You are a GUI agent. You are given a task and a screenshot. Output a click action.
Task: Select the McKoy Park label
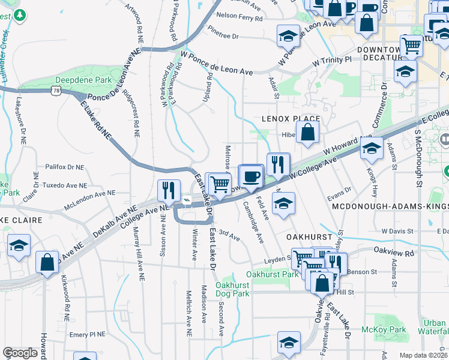pos(384,329)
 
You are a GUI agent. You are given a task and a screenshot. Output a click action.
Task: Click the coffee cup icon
pos(252,176)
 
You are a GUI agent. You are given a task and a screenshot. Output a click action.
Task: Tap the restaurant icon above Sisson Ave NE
pos(169,190)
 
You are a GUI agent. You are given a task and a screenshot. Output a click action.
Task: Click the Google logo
pos(20,353)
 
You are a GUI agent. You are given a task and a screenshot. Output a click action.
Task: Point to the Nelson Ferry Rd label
pos(240,17)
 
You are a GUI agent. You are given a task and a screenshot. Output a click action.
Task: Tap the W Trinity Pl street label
pos(331,60)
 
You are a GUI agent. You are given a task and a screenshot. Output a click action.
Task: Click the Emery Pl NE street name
pos(87,334)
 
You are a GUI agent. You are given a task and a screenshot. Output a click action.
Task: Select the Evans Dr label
pos(339,197)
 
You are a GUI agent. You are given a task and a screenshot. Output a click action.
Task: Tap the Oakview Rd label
pos(394,253)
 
